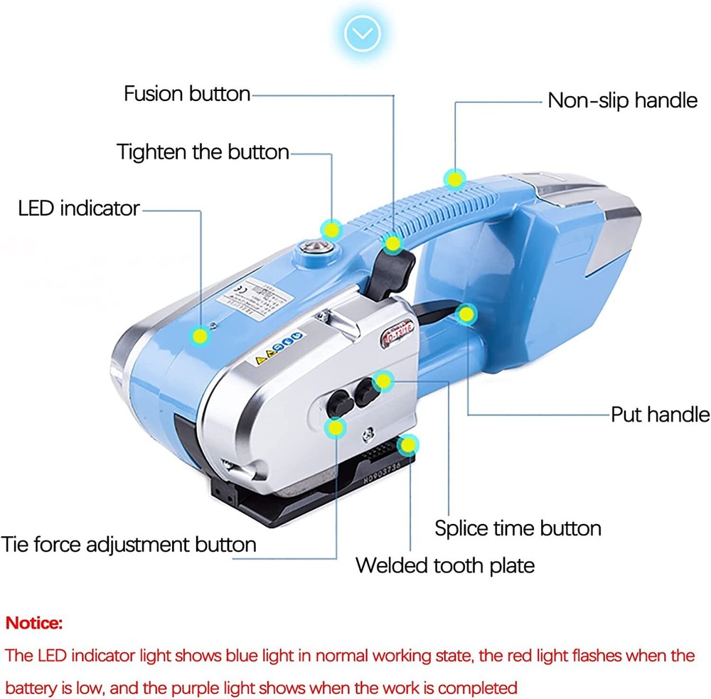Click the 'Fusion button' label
(187, 94)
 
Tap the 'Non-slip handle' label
(622, 100)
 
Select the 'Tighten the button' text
(203, 151)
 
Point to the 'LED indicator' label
(79, 208)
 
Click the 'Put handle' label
(660, 414)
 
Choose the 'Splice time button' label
(518, 528)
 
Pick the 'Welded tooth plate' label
(444, 565)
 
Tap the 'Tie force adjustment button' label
(129, 545)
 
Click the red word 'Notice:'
(34, 624)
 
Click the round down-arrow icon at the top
(363, 32)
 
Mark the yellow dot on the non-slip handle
(453, 177)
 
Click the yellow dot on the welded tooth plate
(407, 446)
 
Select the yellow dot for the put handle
(466, 313)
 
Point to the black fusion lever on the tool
(390, 274)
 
